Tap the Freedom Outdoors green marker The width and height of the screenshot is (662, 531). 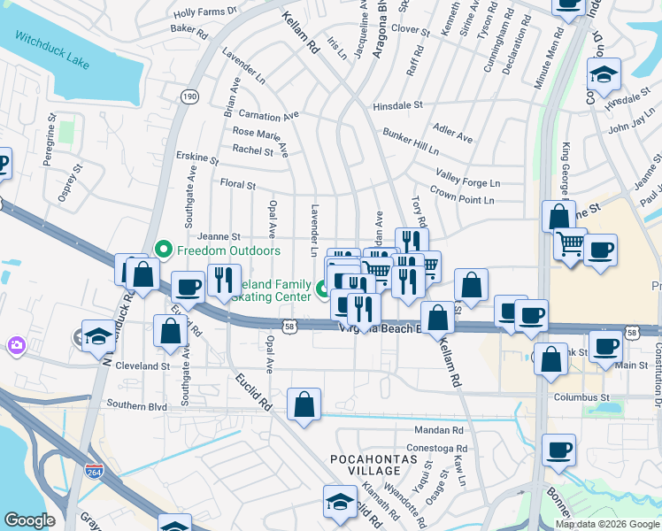point(163,250)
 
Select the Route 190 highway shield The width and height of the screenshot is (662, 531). point(189,97)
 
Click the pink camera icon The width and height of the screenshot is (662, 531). point(16,344)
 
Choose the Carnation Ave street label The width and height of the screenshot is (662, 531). point(270,116)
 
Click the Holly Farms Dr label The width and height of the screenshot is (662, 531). point(206,12)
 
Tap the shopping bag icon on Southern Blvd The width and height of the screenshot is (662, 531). point(304,405)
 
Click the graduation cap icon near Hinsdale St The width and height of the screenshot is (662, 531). point(604,76)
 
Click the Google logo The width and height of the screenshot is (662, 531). point(30,519)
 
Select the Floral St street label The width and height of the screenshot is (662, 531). point(237,186)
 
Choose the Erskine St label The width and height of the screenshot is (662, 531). point(196,158)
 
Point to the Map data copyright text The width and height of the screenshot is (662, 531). point(607,524)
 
